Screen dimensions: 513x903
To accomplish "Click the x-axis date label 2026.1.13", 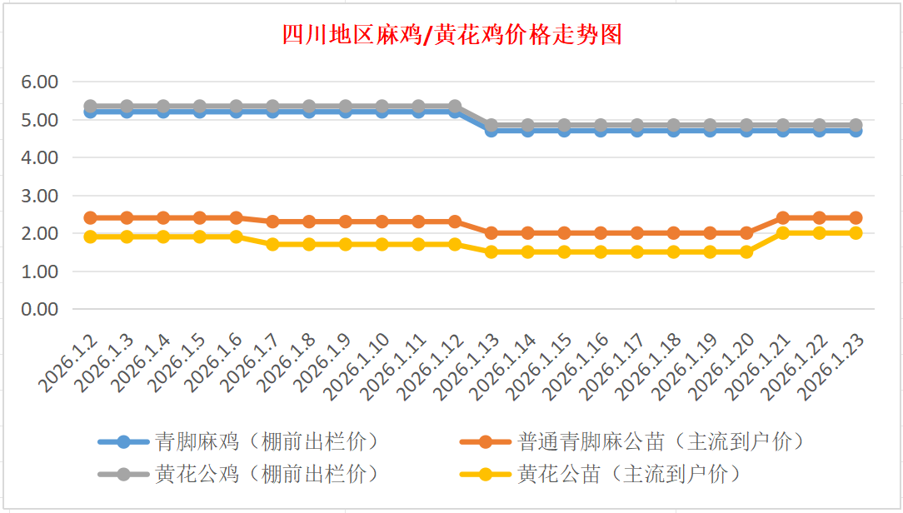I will click(469, 365).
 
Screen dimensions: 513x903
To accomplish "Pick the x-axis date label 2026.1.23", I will click(833, 365).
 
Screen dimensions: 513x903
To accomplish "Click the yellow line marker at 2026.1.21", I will click(782, 233).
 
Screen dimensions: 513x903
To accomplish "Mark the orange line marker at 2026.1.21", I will click(782, 218).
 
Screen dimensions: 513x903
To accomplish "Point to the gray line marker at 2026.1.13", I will click(491, 125).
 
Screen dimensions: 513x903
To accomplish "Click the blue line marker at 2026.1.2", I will click(90, 111).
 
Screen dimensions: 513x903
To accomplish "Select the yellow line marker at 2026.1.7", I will click(272, 245).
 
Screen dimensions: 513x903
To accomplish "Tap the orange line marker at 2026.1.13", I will click(491, 233).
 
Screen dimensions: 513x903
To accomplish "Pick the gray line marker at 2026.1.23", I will click(855, 125).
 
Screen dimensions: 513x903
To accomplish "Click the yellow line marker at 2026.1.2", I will click(90, 237).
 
